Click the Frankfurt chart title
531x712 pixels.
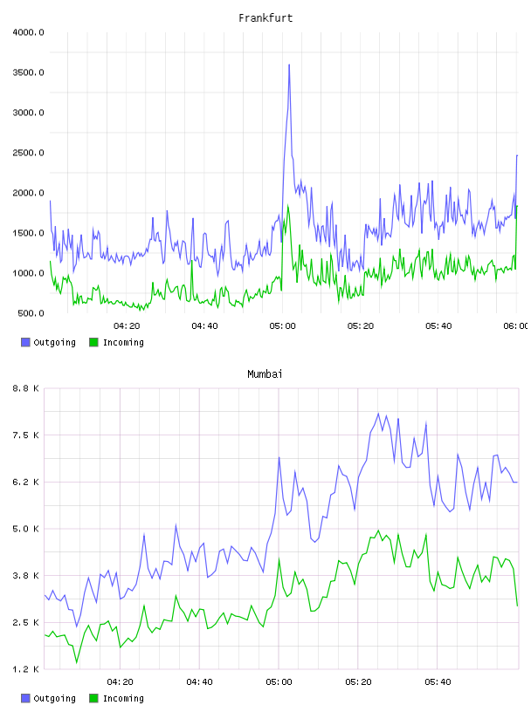(x=265, y=18)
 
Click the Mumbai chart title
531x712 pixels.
(x=265, y=374)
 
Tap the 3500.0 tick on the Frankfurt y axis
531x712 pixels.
(x=28, y=72)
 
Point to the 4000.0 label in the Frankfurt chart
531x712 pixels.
(x=28, y=32)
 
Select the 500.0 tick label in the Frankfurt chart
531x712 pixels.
(x=31, y=313)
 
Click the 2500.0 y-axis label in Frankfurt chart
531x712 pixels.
(x=28, y=153)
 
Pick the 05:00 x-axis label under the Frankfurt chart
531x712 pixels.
(x=282, y=326)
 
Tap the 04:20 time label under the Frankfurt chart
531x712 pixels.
(x=127, y=326)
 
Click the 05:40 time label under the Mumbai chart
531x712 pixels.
(x=438, y=682)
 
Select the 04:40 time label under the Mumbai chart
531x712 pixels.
(x=200, y=682)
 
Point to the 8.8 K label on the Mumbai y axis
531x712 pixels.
(x=25, y=388)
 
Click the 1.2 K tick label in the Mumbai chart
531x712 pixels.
(x=25, y=669)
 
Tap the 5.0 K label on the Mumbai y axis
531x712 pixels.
(x=25, y=529)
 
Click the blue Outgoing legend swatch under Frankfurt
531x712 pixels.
(x=25, y=342)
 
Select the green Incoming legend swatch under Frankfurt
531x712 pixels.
(x=93, y=342)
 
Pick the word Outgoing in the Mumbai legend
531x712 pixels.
(x=54, y=698)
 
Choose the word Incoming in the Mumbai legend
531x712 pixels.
(x=123, y=698)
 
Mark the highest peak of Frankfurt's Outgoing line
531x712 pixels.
(x=289, y=65)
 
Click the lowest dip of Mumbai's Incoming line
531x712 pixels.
(x=76, y=662)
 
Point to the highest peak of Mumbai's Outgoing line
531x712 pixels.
(x=378, y=414)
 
